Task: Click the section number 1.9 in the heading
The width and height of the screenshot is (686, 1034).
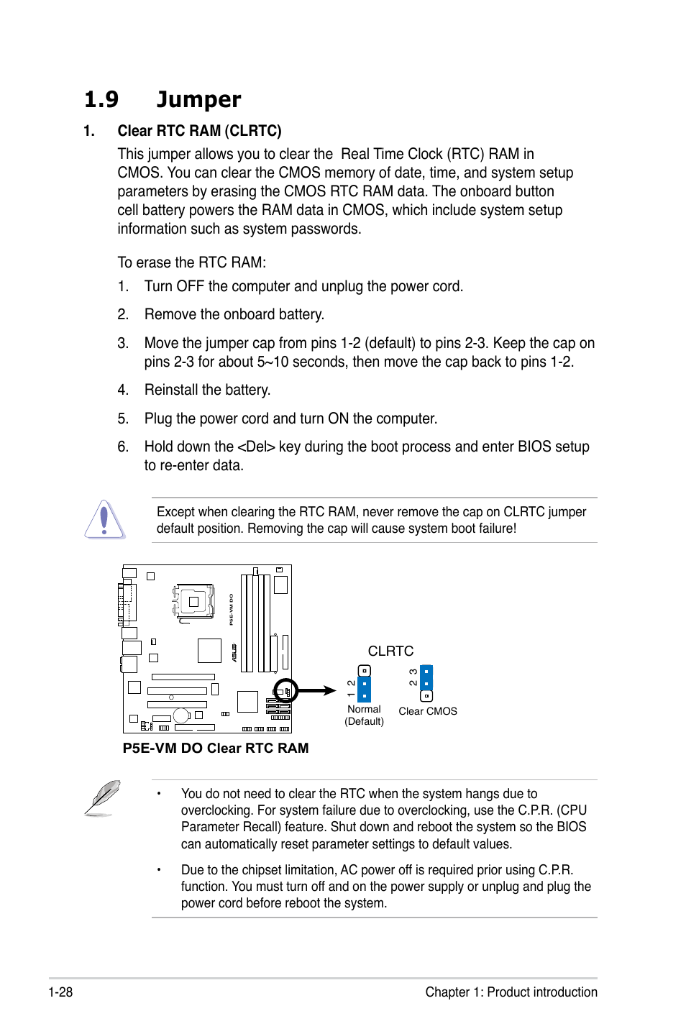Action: (x=101, y=99)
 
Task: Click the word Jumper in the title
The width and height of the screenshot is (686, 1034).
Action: (x=198, y=99)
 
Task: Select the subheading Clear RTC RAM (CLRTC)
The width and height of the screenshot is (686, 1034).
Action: (x=199, y=131)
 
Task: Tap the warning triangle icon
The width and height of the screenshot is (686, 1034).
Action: (x=104, y=519)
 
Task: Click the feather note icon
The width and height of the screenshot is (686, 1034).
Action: (x=102, y=797)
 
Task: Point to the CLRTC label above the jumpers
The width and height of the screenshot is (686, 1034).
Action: (x=390, y=651)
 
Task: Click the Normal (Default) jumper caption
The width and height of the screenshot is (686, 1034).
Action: (x=364, y=715)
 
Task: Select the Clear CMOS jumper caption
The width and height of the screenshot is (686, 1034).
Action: (x=428, y=711)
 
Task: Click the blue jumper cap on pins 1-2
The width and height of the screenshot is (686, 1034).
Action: (x=365, y=689)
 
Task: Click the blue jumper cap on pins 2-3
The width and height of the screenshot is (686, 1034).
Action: (x=426, y=677)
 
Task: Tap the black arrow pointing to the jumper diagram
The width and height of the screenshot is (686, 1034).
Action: (x=316, y=690)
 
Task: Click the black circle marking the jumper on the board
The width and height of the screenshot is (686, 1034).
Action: (x=285, y=691)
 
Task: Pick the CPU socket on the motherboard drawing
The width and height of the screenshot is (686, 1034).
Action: (x=193, y=601)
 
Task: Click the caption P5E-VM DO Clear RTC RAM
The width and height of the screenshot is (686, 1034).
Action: (x=216, y=748)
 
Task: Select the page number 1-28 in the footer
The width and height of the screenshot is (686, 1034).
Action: (x=60, y=992)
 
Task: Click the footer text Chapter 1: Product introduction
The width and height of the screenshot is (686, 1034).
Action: (x=511, y=992)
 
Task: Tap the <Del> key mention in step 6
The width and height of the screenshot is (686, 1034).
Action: (x=256, y=447)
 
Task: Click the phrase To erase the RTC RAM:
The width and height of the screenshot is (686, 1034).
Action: (x=192, y=262)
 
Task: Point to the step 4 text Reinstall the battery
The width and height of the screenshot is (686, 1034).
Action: (x=207, y=390)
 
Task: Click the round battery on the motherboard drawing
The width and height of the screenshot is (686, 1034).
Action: (x=181, y=715)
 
